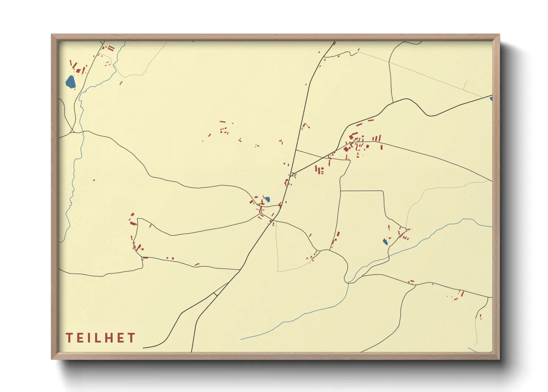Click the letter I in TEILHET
tap(89, 338)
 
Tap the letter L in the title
tap(98, 338)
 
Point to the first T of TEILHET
tap(69, 338)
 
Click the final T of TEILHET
tap(131, 338)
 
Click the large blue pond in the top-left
tap(70, 82)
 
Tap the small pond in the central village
tap(267, 199)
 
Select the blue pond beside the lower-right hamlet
tap(385, 242)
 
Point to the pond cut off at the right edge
tap(491, 99)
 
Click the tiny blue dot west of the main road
tap(284, 163)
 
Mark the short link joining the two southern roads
tap(215, 294)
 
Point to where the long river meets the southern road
tap(348, 282)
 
